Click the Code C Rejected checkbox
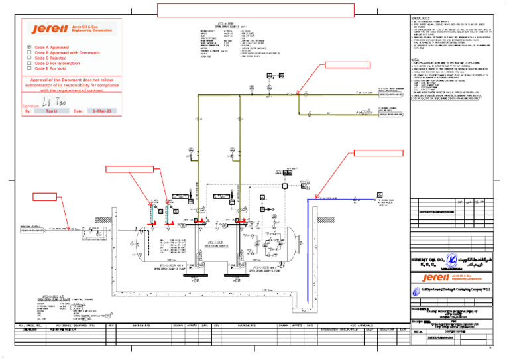pos(28,58)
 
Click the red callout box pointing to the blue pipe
pos(378,154)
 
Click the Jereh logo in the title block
pos(451,278)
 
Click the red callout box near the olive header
pos(346,64)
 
